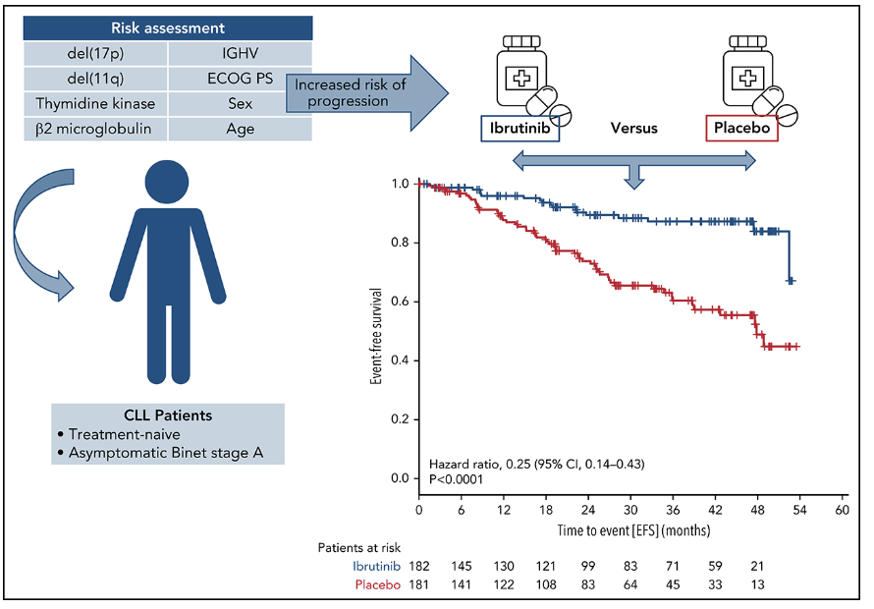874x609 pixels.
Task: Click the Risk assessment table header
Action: point(168,28)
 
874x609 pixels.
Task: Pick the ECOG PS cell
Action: point(240,79)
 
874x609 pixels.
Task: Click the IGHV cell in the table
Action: point(240,53)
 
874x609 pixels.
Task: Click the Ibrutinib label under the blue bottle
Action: point(519,129)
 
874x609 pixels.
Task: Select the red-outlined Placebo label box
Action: point(742,129)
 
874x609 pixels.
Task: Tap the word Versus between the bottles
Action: point(633,128)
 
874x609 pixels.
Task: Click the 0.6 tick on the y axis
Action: point(401,302)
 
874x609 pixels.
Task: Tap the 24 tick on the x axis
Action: point(588,512)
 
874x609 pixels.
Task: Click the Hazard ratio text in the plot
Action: point(535,462)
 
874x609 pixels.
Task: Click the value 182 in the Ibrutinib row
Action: point(420,568)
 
